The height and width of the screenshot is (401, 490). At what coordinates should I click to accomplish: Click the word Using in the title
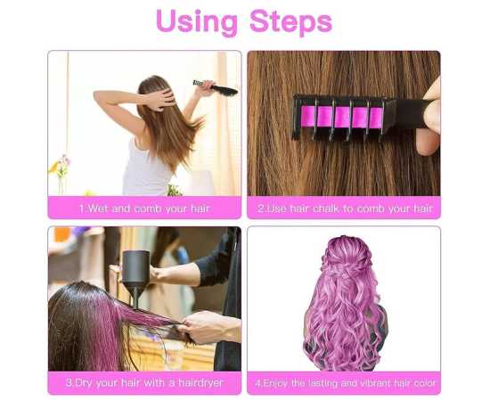[x=197, y=22]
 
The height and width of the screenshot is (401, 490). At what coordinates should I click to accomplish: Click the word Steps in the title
[x=291, y=22]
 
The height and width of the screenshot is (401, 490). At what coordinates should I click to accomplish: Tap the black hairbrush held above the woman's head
[x=216, y=87]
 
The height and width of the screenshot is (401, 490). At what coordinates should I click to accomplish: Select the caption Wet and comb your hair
[x=144, y=209]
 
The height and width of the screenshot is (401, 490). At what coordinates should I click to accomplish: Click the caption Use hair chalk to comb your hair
[x=345, y=209]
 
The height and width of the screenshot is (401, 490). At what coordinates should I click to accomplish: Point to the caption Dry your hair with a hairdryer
[x=144, y=382]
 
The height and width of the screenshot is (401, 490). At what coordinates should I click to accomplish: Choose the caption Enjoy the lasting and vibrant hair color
[x=345, y=383]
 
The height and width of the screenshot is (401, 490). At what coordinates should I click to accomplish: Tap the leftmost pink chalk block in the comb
[x=308, y=116]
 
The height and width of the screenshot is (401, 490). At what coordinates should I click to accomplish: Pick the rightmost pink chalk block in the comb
[x=376, y=118]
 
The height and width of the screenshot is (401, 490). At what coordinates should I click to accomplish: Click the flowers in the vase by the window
[x=61, y=165]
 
